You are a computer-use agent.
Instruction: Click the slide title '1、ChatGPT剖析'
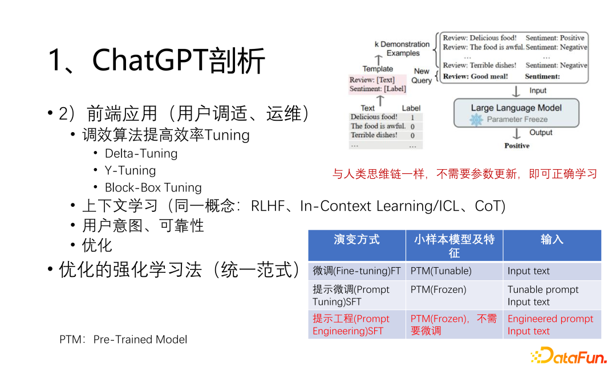(157, 60)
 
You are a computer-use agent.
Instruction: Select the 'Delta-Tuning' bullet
(141, 153)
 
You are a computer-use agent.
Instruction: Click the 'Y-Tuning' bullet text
(130, 170)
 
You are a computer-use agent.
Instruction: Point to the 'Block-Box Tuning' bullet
(153, 187)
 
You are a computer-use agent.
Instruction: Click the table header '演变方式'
(356, 240)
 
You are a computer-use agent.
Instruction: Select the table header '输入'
(552, 240)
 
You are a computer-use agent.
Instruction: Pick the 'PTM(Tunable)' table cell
(441, 271)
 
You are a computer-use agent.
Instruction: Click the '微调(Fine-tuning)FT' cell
(356, 271)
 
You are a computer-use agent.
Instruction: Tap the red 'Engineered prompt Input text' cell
(550, 325)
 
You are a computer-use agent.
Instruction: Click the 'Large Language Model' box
(516, 113)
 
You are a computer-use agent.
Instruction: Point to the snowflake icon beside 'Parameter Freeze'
(476, 120)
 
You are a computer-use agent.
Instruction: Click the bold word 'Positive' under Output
(517, 146)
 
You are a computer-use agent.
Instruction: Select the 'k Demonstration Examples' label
(402, 48)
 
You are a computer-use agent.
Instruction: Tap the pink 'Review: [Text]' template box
(378, 84)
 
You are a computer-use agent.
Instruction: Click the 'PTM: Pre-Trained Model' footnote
(123, 340)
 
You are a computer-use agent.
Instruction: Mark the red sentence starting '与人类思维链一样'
(465, 174)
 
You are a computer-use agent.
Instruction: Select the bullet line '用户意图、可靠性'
(143, 226)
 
